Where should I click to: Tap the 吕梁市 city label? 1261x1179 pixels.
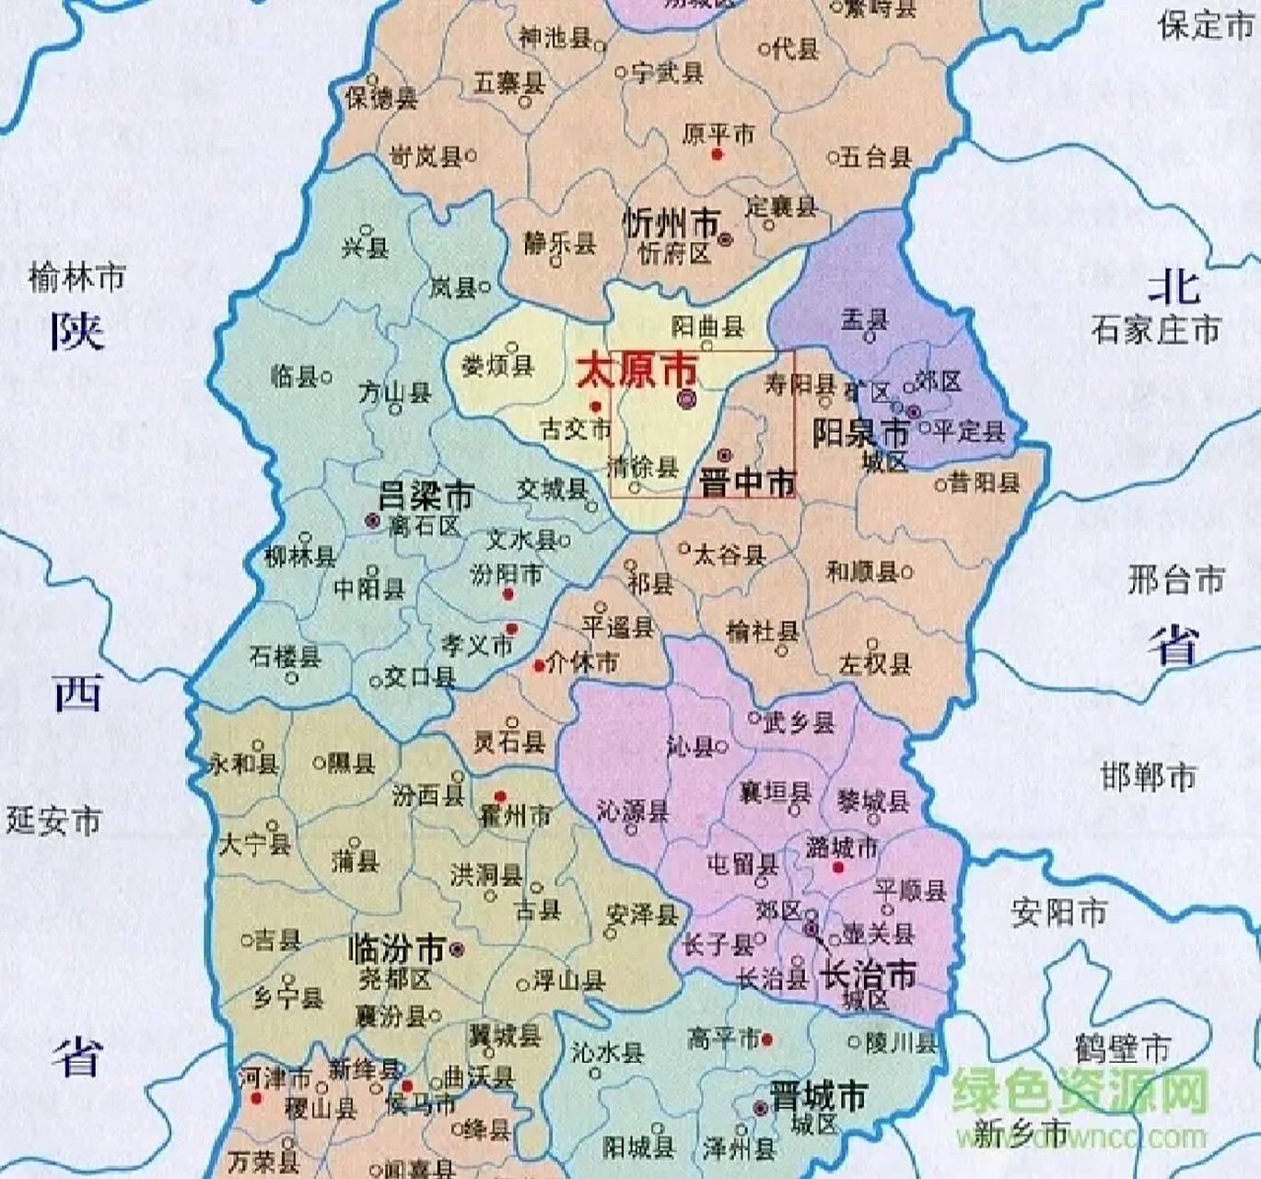(x=426, y=496)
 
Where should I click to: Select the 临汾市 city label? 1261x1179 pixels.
(x=397, y=948)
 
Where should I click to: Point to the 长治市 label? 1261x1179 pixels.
(x=869, y=973)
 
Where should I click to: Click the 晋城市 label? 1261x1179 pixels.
(x=819, y=1096)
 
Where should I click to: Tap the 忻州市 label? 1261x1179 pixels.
(x=671, y=223)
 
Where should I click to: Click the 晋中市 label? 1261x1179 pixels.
(x=748, y=482)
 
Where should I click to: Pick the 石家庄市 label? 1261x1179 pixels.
(x=1156, y=330)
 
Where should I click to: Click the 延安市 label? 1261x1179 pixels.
(x=53, y=820)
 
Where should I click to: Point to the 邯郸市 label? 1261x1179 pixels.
(x=1148, y=776)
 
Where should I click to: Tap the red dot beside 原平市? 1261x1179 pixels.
(x=718, y=155)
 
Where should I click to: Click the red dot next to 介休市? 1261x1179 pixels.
(x=539, y=665)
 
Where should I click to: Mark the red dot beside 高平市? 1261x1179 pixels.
(x=767, y=1040)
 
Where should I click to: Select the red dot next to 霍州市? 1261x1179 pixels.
(x=500, y=797)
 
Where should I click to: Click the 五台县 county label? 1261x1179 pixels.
(x=875, y=157)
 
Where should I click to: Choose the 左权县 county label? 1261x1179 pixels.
(x=874, y=663)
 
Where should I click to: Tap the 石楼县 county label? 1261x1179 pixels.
(x=286, y=657)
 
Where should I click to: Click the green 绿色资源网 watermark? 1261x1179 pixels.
(x=1079, y=1092)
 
